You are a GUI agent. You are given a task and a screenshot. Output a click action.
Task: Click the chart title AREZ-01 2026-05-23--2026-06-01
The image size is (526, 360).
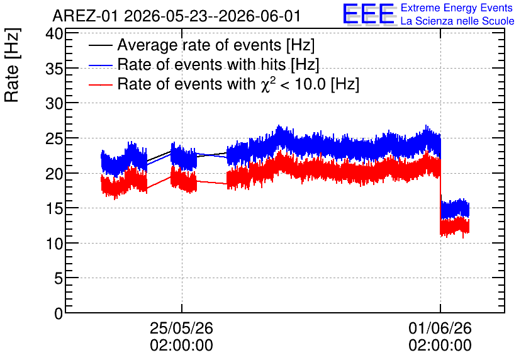pyautogui.click(x=176, y=16)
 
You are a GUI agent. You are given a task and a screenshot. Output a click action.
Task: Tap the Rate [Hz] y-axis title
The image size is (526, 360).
pyautogui.click(x=12, y=65)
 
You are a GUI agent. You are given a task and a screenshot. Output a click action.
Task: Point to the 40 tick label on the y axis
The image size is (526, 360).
pyautogui.click(x=54, y=33)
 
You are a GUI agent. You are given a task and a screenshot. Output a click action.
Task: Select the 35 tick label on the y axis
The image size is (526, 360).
pyautogui.click(x=54, y=69)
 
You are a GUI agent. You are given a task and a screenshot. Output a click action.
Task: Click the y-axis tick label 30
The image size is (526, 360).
pyautogui.click(x=54, y=103)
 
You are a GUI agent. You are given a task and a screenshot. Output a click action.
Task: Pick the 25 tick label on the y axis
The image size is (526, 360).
pyautogui.click(x=54, y=138)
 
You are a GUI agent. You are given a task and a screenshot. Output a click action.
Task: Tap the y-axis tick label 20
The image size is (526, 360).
pyautogui.click(x=54, y=174)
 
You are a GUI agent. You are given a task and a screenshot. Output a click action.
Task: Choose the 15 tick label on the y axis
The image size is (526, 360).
pyautogui.click(x=54, y=209)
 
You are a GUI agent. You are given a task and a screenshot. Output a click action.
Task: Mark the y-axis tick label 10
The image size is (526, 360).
pyautogui.click(x=54, y=244)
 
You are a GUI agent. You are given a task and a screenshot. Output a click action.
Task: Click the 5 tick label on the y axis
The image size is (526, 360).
pyautogui.click(x=59, y=278)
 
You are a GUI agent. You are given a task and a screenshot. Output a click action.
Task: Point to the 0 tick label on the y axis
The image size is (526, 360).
pyautogui.click(x=59, y=313)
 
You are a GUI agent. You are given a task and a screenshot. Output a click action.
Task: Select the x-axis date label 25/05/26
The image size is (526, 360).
pyautogui.click(x=181, y=328)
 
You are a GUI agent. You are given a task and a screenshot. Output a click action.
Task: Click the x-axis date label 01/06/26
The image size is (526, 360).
pyautogui.click(x=440, y=328)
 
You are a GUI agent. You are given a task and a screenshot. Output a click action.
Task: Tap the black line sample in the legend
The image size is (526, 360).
pyautogui.click(x=101, y=45)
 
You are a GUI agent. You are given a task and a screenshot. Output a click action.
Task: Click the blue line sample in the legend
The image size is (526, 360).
pyautogui.click(x=101, y=65)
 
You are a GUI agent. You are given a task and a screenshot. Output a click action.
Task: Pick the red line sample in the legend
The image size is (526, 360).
pyautogui.click(x=101, y=84)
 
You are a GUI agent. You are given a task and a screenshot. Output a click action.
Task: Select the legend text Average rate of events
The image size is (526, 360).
pyautogui.click(x=199, y=45)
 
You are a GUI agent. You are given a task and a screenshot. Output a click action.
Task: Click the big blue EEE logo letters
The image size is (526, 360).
pyautogui.click(x=369, y=14)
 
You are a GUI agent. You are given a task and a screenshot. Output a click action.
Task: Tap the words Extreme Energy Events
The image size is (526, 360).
pyautogui.click(x=457, y=8)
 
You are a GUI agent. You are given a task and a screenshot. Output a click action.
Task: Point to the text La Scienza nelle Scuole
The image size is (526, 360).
pyautogui.click(x=457, y=21)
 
